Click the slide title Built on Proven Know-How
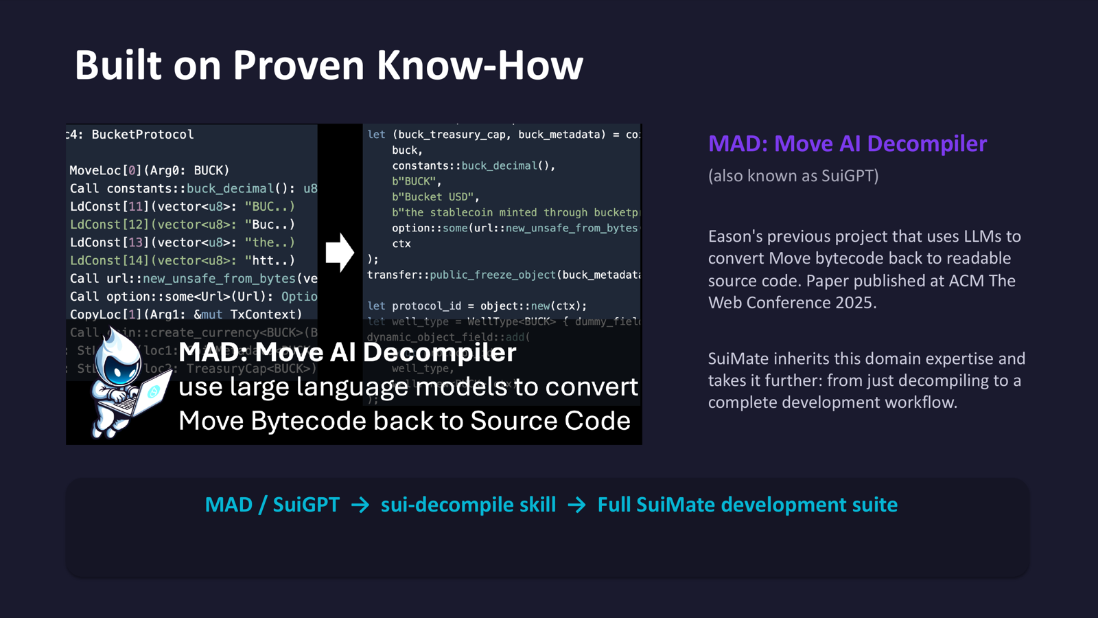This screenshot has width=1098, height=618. pyautogui.click(x=329, y=65)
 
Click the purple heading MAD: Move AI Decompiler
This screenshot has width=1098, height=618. pyautogui.click(x=847, y=144)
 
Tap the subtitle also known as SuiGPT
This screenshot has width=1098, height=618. pyautogui.click(x=793, y=176)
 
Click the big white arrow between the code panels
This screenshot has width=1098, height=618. pyautogui.click(x=339, y=252)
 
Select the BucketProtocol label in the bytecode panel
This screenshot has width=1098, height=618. pyautogui.click(x=142, y=135)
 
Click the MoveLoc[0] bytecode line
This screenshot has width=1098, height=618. pyautogui.click(x=149, y=170)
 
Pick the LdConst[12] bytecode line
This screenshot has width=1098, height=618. pyautogui.click(x=182, y=225)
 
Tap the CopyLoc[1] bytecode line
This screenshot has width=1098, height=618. pyautogui.click(x=185, y=314)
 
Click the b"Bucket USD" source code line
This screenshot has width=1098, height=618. pyautogui.click(x=435, y=197)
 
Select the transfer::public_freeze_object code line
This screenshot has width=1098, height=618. pyautogui.click(x=503, y=275)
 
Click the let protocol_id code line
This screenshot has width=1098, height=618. pyautogui.click(x=476, y=306)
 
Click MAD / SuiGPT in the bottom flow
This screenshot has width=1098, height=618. pyautogui.click(x=272, y=505)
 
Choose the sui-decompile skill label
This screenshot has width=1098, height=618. pyautogui.click(x=468, y=505)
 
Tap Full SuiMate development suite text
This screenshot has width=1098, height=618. pyautogui.click(x=747, y=505)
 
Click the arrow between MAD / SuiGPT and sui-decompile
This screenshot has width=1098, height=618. pyautogui.click(x=360, y=505)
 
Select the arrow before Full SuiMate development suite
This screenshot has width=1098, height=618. pyautogui.click(x=576, y=505)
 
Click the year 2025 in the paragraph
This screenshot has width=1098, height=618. pyautogui.click(x=854, y=303)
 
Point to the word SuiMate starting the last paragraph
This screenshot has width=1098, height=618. pyautogui.click(x=736, y=358)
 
